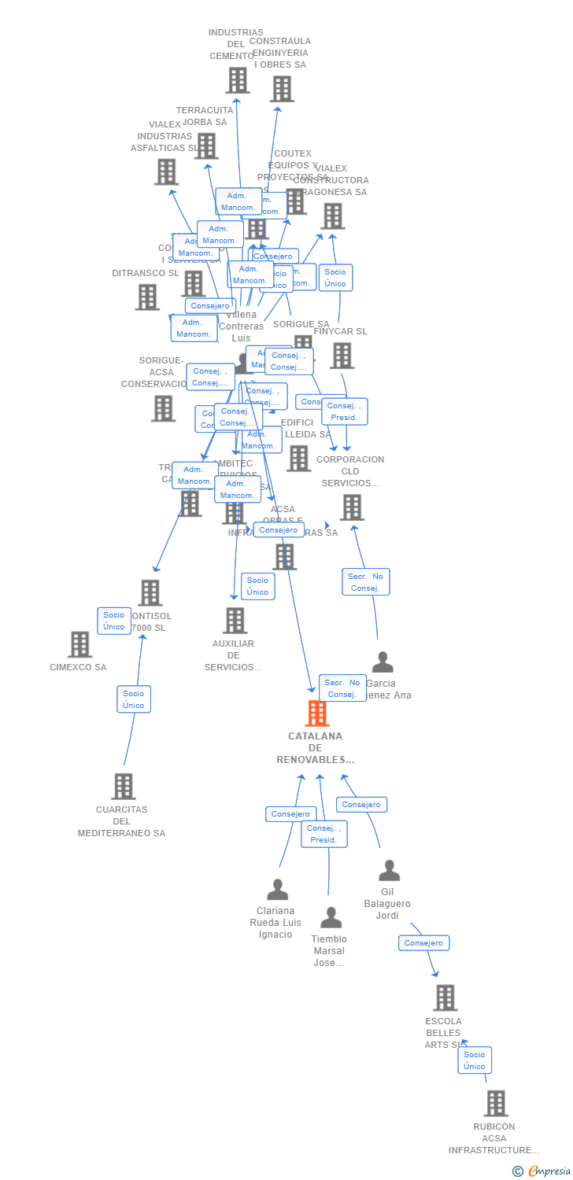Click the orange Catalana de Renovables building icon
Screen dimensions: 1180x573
[x=316, y=714]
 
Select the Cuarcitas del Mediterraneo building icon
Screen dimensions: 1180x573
[x=124, y=786]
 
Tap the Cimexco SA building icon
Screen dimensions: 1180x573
[x=79, y=644]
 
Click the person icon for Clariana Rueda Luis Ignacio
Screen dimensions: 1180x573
[x=277, y=889]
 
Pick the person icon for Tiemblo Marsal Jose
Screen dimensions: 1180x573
[x=331, y=917]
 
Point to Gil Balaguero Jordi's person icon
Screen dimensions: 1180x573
[x=389, y=870]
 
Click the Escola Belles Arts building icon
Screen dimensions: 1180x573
[x=445, y=997]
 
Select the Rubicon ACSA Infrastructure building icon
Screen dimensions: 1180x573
[x=495, y=1103]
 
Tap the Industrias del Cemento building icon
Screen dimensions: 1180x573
[x=237, y=80]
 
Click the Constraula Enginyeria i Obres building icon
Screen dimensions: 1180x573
[x=282, y=89]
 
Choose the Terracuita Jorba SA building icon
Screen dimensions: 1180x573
[x=206, y=146]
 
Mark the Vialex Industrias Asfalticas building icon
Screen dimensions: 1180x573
[x=166, y=171]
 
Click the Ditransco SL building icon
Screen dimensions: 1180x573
[x=147, y=297]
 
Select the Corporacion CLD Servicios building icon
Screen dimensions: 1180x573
[x=352, y=507]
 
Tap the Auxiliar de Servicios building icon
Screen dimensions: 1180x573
[x=235, y=620]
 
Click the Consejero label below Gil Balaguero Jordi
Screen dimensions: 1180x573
[x=423, y=942]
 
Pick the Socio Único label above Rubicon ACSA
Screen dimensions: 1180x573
[x=475, y=1060]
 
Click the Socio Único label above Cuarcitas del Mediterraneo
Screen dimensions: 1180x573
[x=134, y=699]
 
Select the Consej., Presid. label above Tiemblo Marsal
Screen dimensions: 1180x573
[x=323, y=834]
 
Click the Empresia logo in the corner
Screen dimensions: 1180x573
[x=542, y=1171]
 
